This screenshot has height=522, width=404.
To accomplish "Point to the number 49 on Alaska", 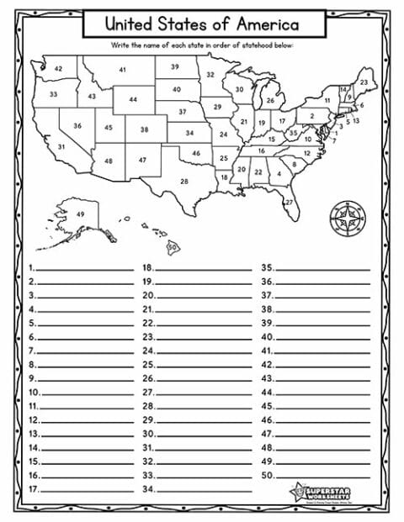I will (81, 214).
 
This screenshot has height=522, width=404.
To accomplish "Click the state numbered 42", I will (59, 68).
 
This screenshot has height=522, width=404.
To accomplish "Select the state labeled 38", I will (144, 130).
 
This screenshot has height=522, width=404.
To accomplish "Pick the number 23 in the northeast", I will (363, 82).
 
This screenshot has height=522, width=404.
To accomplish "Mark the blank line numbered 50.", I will (322, 475).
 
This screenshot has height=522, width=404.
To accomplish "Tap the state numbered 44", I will (133, 99).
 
